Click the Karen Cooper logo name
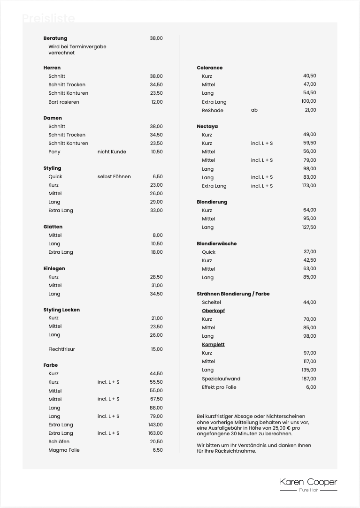tap(308, 482)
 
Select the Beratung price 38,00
tap(156, 38)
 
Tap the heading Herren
tap(52, 68)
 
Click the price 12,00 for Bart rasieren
tap(157, 102)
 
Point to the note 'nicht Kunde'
tap(112, 152)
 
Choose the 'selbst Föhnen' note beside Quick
tap(114, 177)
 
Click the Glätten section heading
tap(53, 227)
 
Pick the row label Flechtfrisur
tap(61, 349)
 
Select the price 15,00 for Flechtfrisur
tap(157, 349)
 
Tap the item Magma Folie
tap(64, 450)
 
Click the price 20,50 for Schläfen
tap(156, 442)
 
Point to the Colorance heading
tap(209, 68)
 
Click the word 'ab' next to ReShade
tap(254, 110)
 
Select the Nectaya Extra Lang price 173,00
tap(309, 186)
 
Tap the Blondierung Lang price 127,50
tap(309, 227)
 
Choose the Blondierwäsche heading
tap(216, 244)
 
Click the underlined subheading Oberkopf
tap(214, 311)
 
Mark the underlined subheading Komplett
tap(213, 345)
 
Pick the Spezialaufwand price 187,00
tap(309, 379)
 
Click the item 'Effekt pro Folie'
tap(219, 387)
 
